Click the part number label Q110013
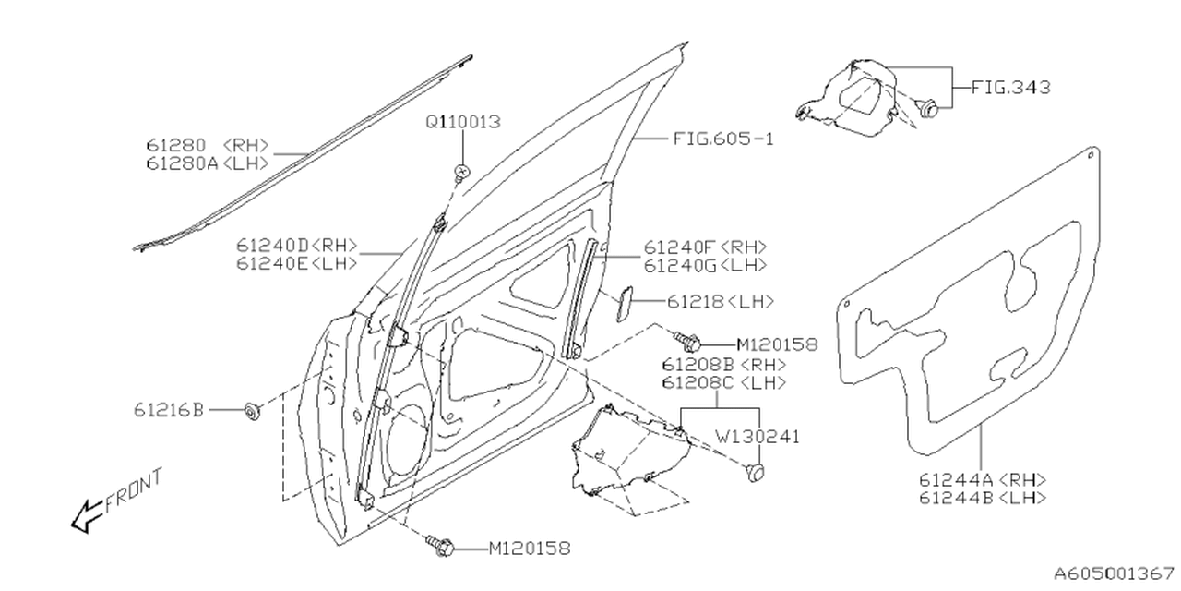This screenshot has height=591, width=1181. [x=463, y=122]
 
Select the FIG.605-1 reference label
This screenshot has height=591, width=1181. [x=722, y=139]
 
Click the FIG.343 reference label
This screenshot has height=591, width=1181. [x=1010, y=89]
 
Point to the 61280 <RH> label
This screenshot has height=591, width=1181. [x=207, y=145]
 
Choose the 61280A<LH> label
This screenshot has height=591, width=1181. [x=207, y=163]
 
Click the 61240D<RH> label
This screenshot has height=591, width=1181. [x=296, y=246]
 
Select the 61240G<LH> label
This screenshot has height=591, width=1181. [x=706, y=266]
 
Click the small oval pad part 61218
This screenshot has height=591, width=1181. [x=623, y=303]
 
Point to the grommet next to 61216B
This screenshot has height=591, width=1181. [x=250, y=411]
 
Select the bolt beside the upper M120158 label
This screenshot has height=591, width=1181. [x=684, y=342]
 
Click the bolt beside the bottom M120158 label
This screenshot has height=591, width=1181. [x=439, y=545]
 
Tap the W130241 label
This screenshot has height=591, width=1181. [x=754, y=437]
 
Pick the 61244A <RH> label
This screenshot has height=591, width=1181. [x=983, y=479]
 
